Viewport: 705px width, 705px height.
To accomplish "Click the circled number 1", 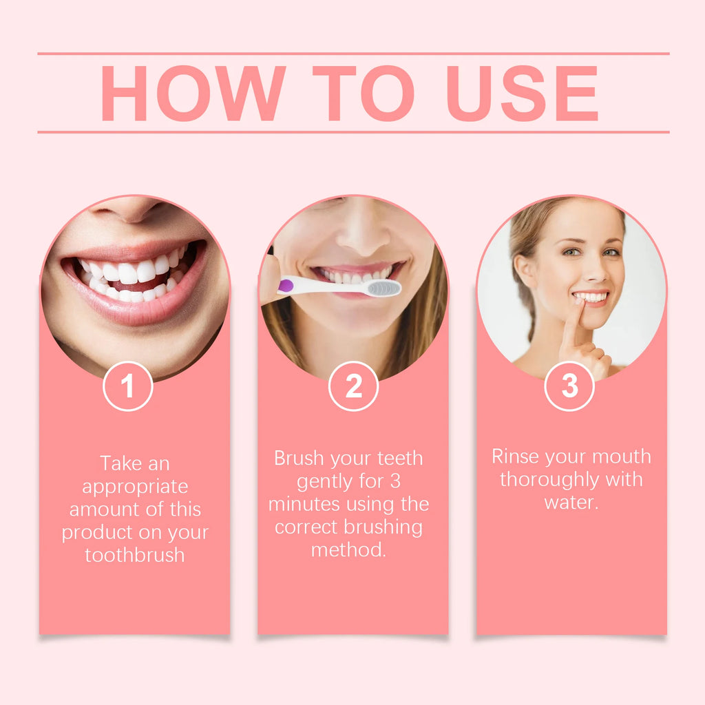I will coord(128,386).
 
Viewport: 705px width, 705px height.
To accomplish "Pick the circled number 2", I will coord(353,386).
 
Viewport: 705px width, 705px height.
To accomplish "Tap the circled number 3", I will coord(569,386).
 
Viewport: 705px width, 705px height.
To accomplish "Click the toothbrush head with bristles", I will coord(383,288).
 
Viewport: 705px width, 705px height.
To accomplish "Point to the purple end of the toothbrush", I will coord(286,285).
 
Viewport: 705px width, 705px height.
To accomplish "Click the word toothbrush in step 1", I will coord(135,555).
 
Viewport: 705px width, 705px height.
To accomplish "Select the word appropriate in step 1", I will coord(135,486).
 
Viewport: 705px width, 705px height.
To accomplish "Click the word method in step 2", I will coord(346,550).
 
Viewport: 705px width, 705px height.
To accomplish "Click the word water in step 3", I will coord(569,502).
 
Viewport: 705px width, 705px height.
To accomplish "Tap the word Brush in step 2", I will coord(299,459).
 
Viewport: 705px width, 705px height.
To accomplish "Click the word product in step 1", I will coord(96,532).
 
